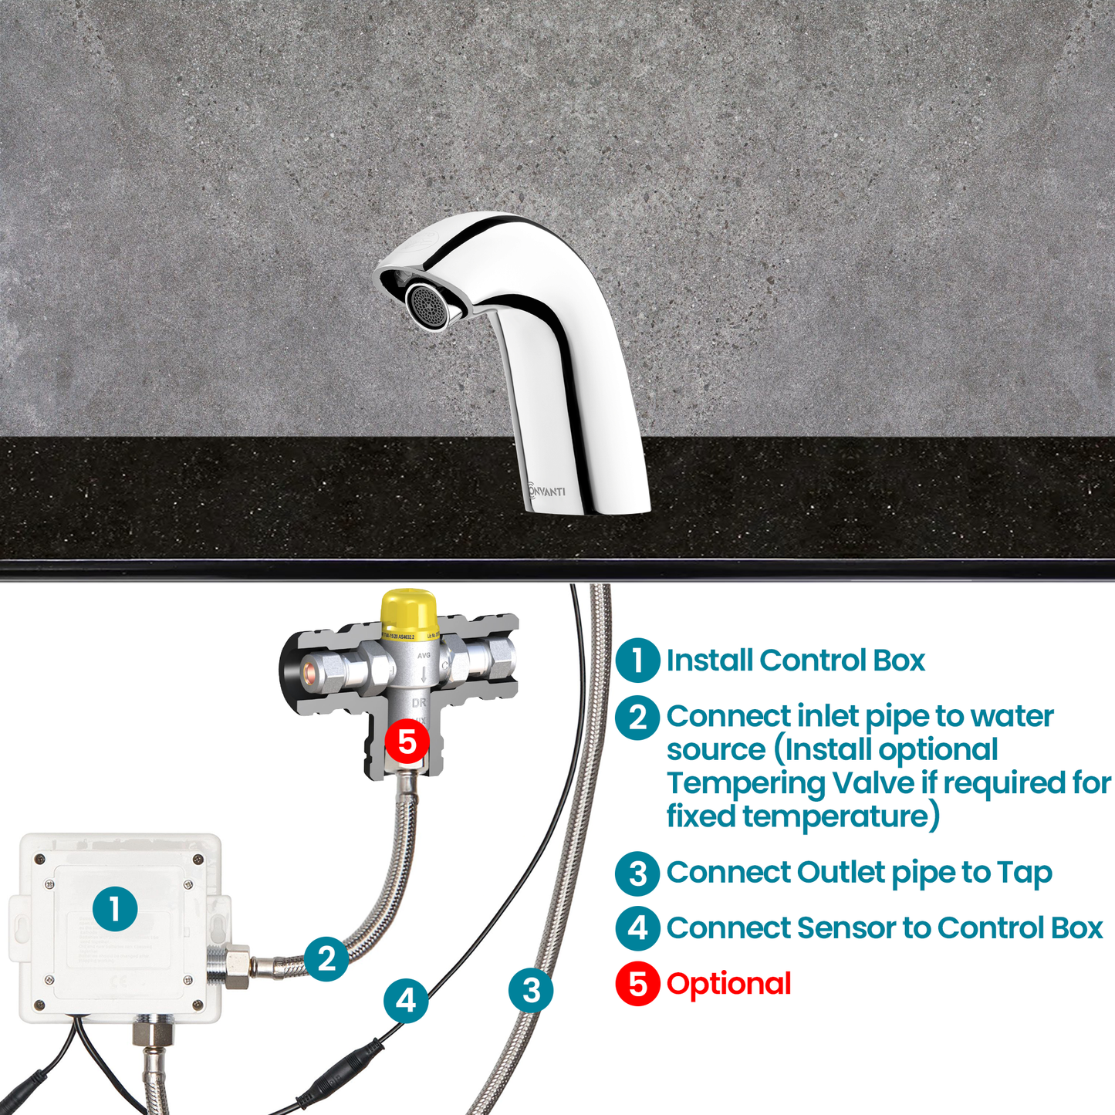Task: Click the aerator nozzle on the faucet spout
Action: pos(427,306)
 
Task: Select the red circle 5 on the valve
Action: pos(407,742)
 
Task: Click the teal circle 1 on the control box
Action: pos(115,908)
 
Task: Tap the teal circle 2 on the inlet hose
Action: pos(326,958)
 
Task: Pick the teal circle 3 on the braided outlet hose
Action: pos(531,990)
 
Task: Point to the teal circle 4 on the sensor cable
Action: pos(406,1001)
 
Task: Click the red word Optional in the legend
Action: pos(728,984)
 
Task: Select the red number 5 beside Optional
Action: pos(637,984)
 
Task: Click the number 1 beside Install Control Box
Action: pos(637,661)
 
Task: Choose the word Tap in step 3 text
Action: pos(1024,873)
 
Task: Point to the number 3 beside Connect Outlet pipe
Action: pos(637,873)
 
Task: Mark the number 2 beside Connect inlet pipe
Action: pos(637,718)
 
